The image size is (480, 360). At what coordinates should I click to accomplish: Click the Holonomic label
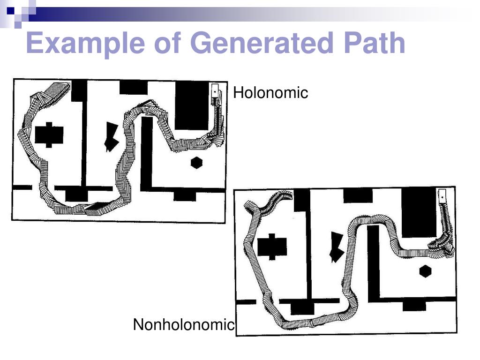coord(270,93)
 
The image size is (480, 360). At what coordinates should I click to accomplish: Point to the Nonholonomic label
coord(183,324)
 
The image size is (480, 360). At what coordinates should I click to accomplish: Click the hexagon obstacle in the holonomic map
coord(196,163)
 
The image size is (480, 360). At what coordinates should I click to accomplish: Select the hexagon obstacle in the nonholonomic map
coord(425,271)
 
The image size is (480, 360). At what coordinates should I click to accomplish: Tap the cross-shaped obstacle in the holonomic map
coord(49,135)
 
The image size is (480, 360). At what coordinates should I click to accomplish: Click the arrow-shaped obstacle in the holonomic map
coord(111,136)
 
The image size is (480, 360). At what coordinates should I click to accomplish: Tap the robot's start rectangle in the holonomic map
coord(215,92)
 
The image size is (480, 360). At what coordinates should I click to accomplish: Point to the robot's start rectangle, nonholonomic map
coord(442,197)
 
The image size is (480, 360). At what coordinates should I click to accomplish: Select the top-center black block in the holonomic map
coord(133,87)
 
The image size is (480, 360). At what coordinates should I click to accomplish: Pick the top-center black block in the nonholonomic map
coord(358,195)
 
